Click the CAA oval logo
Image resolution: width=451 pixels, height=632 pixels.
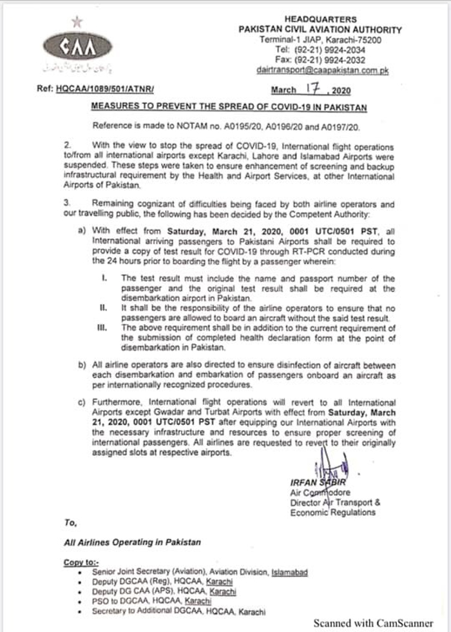[x=77, y=46]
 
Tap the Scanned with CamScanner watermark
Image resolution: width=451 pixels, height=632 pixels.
[x=373, y=623]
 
